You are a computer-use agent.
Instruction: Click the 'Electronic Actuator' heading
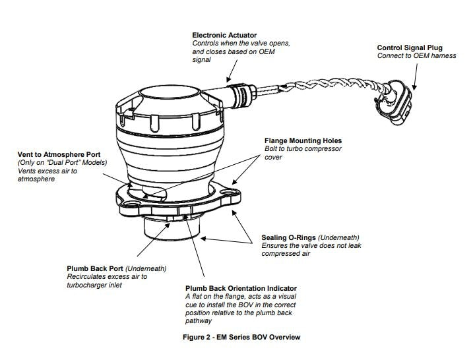point(224,35)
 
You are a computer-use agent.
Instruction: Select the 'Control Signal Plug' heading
point(410,47)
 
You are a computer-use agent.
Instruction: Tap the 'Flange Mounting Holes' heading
point(303,140)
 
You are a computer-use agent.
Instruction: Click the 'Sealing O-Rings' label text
point(289,237)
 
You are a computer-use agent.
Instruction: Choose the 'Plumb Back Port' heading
point(95,268)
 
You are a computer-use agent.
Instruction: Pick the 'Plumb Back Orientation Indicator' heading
point(241,288)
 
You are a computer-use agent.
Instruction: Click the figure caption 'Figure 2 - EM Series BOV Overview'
point(241,337)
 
